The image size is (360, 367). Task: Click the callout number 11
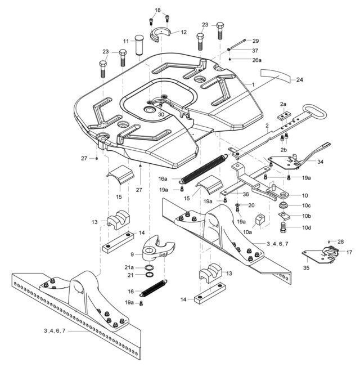[x=126, y=41]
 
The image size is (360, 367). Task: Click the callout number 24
[x=299, y=80]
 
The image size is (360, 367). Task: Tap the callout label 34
[x=320, y=162]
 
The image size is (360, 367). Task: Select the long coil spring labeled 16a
[x=201, y=171]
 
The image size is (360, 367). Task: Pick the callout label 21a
[x=129, y=267]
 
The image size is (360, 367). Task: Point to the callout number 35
[x=306, y=268]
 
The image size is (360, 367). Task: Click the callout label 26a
[x=256, y=60]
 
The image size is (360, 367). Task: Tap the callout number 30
[x=161, y=114]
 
